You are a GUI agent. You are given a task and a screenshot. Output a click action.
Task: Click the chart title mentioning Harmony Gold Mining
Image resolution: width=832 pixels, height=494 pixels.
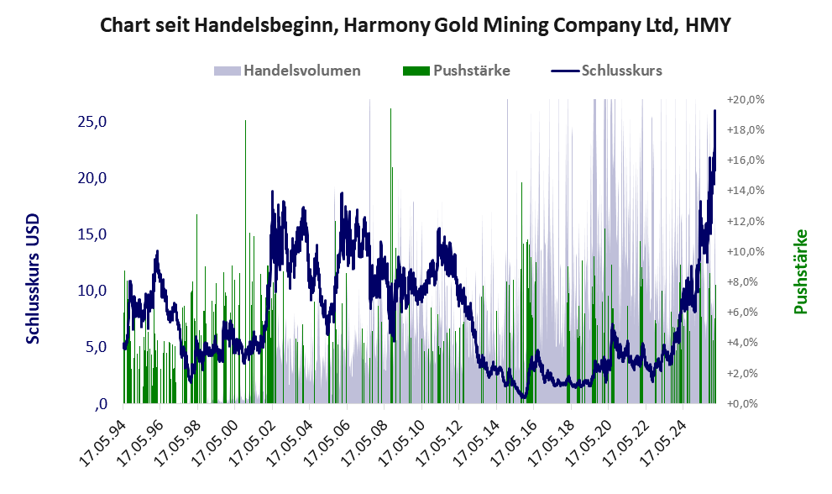pyautogui.click(x=416, y=25)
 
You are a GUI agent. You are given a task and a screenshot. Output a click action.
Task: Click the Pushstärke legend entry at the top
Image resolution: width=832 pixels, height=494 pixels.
pyautogui.click(x=471, y=71)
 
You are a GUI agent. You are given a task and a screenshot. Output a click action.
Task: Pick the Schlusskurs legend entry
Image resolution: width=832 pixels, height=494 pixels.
pyautogui.click(x=621, y=71)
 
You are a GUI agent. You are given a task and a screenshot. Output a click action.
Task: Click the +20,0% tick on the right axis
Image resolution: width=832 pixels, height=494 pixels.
pyautogui.click(x=746, y=99)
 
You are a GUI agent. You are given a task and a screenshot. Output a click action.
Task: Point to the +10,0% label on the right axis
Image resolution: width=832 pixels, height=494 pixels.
pyautogui.click(x=746, y=251)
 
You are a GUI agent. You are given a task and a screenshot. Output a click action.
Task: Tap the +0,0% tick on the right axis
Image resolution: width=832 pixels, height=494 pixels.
pyautogui.click(x=746, y=403)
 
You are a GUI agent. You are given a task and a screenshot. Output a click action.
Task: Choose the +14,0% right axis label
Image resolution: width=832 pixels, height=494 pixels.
pyautogui.click(x=746, y=191)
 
